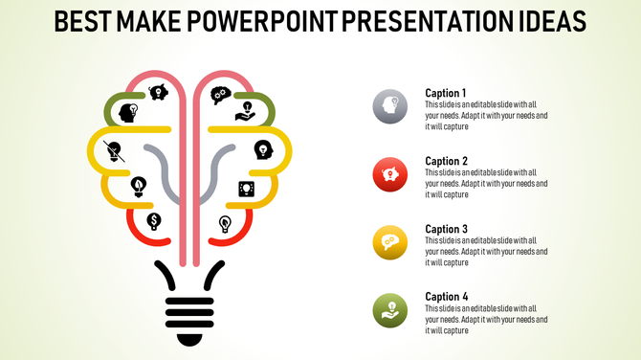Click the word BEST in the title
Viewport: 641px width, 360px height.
80,21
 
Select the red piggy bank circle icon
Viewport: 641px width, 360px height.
390,174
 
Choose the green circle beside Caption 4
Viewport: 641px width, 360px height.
390,310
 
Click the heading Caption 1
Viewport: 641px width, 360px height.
446,93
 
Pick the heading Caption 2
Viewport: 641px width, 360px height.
446,161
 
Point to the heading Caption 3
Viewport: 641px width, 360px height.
446,229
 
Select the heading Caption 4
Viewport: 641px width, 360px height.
446,297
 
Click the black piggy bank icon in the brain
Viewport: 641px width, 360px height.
158,93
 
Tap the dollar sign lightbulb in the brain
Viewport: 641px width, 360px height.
153,221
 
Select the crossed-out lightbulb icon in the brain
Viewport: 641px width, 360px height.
115,150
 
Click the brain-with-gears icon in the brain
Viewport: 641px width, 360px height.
220,95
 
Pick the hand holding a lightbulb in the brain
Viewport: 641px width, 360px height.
245,111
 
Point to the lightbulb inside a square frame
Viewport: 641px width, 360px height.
245,189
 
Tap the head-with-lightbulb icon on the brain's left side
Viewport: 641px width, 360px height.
127,112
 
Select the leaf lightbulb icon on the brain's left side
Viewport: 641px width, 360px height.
139,185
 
